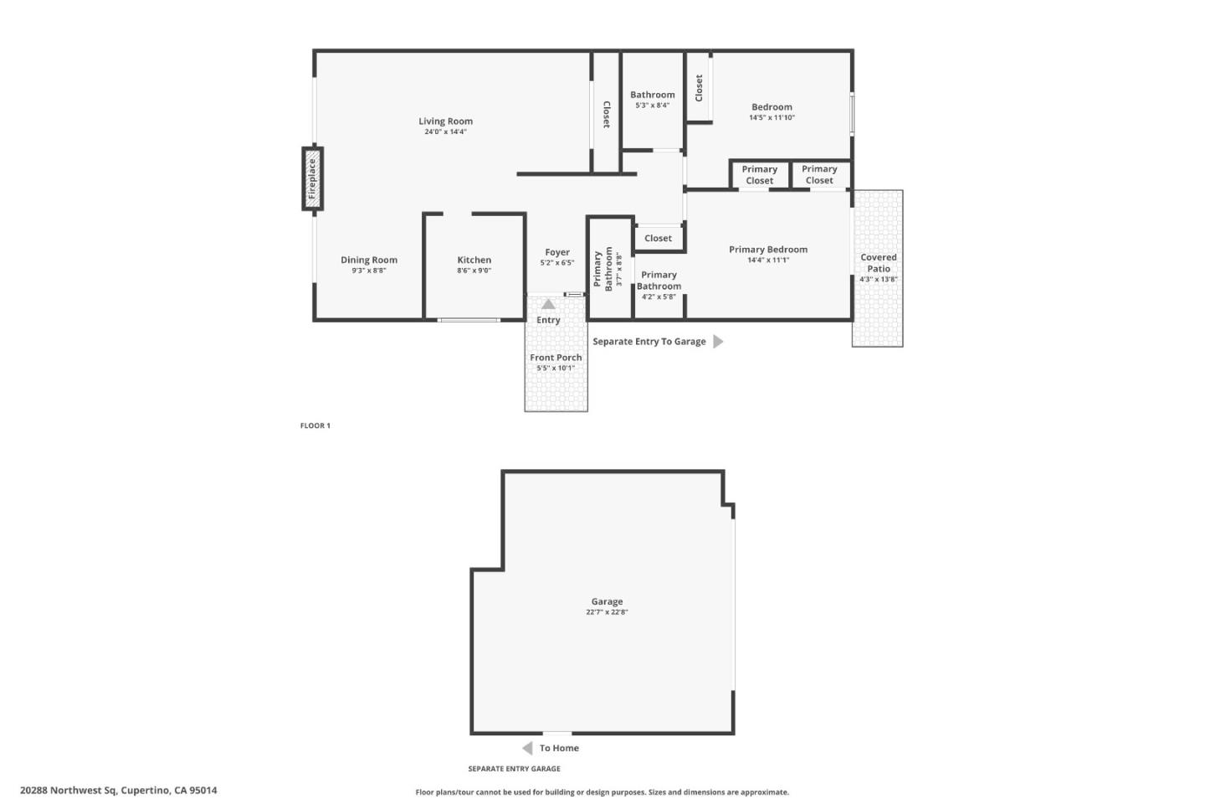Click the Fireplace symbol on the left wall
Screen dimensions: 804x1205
point(312,178)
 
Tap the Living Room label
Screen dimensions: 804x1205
point(445,121)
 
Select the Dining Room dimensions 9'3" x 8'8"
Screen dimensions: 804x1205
point(368,271)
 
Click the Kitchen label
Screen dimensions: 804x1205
point(474,260)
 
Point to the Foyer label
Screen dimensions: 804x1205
point(557,252)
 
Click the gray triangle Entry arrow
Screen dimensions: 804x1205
point(548,304)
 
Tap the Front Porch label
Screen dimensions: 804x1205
point(556,358)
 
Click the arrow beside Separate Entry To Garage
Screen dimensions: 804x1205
point(718,342)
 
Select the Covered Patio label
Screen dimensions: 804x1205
point(879,263)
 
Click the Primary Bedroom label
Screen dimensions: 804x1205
point(767,250)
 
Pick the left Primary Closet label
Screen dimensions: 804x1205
point(760,175)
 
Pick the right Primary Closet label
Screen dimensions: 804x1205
point(819,175)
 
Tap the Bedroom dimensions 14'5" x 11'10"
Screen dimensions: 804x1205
point(772,118)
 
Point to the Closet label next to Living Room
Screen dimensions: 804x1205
point(606,115)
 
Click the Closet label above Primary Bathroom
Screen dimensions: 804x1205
point(658,239)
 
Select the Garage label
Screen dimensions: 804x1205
point(607,601)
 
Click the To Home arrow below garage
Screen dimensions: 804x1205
point(527,748)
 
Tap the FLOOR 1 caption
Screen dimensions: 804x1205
point(315,425)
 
